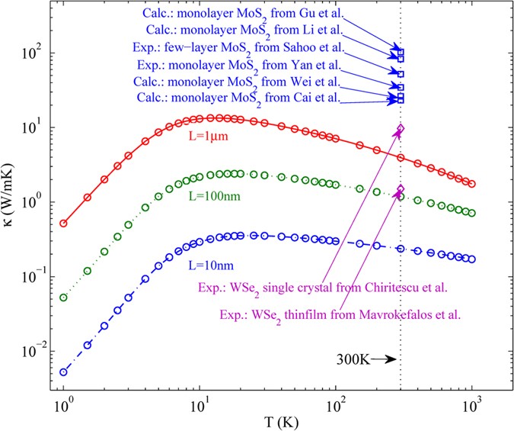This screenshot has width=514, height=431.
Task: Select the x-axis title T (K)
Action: tap(267, 420)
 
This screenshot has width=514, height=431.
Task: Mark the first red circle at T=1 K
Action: tap(63, 224)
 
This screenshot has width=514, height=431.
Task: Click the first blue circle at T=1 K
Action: tap(63, 372)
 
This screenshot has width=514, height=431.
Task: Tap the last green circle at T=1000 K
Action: tap(472, 214)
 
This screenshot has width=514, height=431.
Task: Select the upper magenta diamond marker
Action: tap(401, 129)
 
